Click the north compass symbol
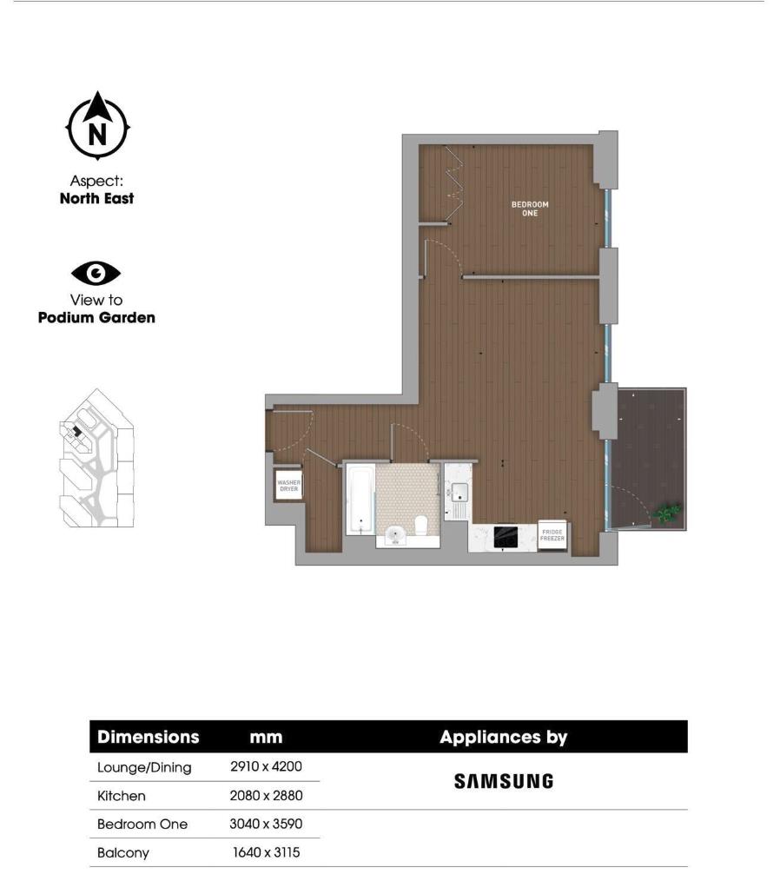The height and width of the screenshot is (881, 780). [x=97, y=128]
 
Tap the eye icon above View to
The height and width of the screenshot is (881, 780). [x=96, y=274]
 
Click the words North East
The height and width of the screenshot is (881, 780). [x=96, y=198]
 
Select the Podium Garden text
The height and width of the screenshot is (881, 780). [x=96, y=317]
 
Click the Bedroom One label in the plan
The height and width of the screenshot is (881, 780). [x=530, y=209]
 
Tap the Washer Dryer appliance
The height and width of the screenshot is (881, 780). [x=288, y=487]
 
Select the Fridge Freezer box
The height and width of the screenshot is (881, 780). [x=552, y=535]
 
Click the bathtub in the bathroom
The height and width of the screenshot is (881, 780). [x=360, y=499]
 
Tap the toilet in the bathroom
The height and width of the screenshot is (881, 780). [x=420, y=525]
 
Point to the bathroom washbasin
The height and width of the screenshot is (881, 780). [x=395, y=533]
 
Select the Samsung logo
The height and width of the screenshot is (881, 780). [x=503, y=781]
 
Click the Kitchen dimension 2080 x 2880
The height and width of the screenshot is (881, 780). [x=267, y=795]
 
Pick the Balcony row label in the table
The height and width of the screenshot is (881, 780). [x=123, y=852]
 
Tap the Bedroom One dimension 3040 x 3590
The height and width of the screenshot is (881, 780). [x=267, y=824]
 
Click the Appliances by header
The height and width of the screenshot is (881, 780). [x=503, y=738]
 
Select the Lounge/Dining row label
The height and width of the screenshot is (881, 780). [x=144, y=767]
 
